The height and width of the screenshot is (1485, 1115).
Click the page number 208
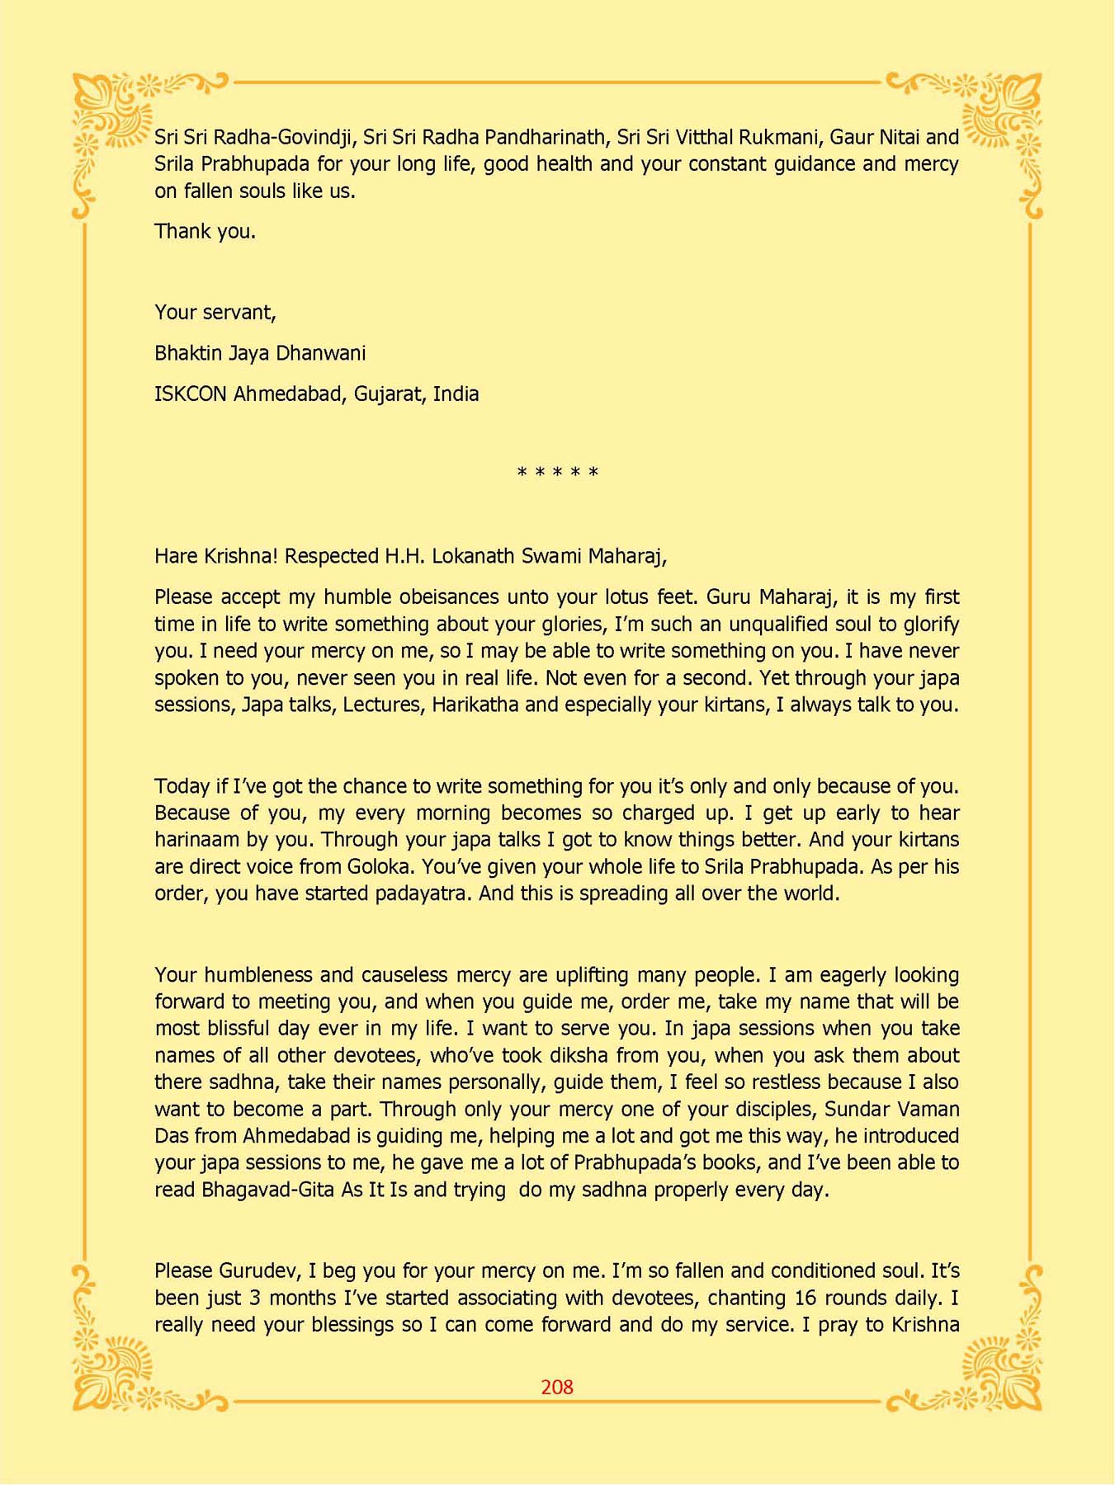[x=557, y=1387]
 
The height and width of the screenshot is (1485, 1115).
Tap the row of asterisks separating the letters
[x=557, y=473]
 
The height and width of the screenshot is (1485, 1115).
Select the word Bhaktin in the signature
[x=184, y=353]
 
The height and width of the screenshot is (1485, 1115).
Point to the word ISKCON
[x=190, y=394]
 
